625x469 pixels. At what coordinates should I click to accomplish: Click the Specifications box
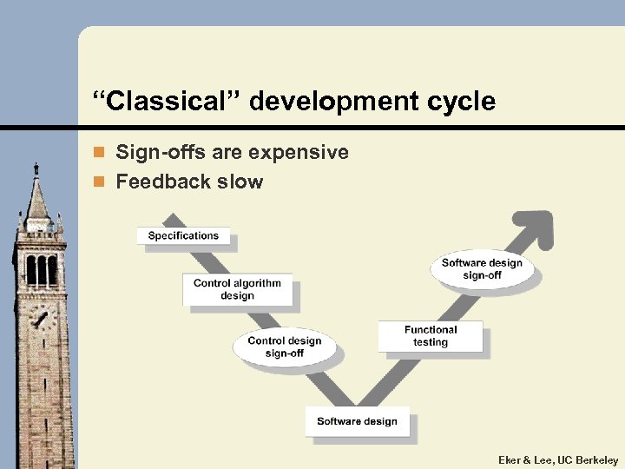183,235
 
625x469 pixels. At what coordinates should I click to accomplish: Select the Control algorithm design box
237,289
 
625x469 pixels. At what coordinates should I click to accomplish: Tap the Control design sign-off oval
284,347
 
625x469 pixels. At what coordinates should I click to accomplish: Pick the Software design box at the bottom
357,422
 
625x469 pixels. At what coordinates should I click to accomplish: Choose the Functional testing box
430,336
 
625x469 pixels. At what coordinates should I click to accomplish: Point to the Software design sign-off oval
482,269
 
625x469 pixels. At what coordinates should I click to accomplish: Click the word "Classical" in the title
166,102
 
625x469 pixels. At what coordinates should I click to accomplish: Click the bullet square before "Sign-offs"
100,154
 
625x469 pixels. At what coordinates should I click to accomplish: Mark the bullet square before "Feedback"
100,182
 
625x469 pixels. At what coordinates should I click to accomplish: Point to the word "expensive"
298,153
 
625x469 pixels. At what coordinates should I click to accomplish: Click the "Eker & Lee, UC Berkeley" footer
558,459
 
